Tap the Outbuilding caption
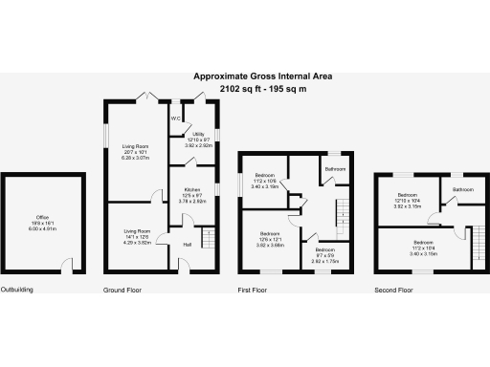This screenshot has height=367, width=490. (18, 288)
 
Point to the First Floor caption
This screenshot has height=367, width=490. (256, 288)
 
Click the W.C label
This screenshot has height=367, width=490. (176, 119)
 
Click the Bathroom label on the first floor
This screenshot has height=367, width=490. (334, 168)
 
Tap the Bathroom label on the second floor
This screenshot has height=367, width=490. (464, 189)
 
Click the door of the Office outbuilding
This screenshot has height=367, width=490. (67, 267)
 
